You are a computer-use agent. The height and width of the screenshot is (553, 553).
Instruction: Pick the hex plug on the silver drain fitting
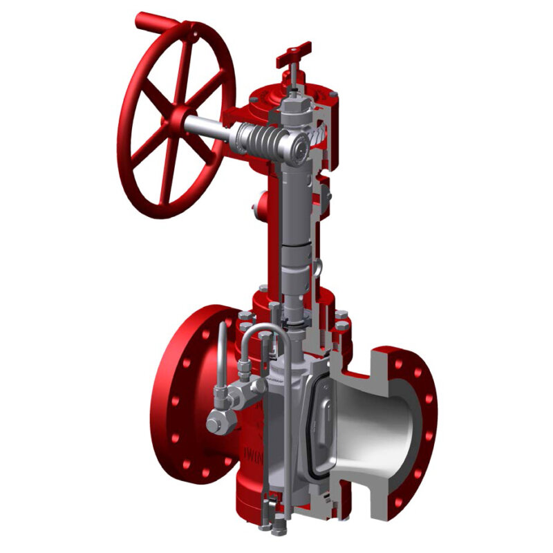click(215, 419)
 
